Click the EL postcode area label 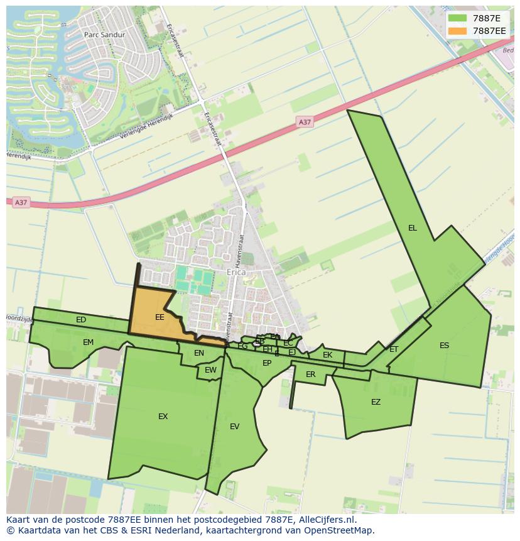[412, 228]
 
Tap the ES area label [444, 346]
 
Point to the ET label [394, 349]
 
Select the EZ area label [376, 402]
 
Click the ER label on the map [310, 374]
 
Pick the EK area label [327, 355]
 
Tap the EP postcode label [267, 363]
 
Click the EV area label [234, 427]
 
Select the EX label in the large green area [163, 417]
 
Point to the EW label [210, 370]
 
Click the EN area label [199, 353]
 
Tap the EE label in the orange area [160, 317]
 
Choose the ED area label [81, 320]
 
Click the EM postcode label [88, 342]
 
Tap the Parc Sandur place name [104, 35]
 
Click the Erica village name [236, 273]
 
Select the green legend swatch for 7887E [458, 18]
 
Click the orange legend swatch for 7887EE [458, 31]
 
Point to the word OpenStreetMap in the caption [339, 530]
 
